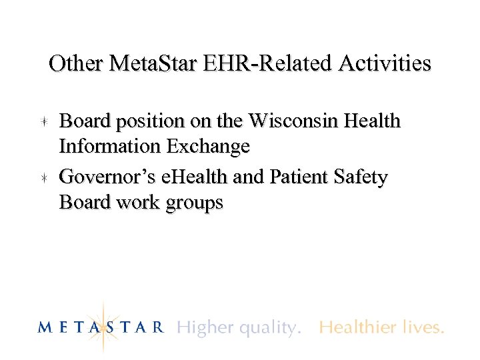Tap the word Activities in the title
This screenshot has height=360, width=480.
386,64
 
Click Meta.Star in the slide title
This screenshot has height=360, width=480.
158,64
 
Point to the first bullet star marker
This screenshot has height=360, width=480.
42,122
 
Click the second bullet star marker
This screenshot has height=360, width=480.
42,178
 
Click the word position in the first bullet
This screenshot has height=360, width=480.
146,122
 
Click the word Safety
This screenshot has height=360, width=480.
360,178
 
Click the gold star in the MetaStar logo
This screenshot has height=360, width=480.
104,326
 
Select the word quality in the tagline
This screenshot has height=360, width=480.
262,328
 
